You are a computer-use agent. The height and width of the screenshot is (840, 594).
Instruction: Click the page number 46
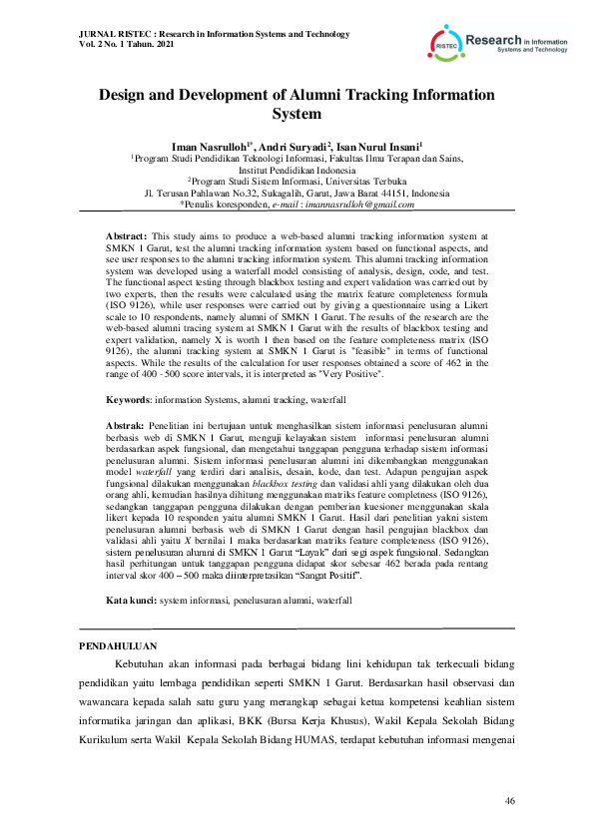point(510,801)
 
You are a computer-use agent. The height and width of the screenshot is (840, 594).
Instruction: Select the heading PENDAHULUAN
point(113,645)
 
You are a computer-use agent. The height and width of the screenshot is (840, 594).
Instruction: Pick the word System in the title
point(297,115)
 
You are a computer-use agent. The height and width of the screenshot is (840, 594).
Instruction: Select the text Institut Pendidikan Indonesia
point(297,169)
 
